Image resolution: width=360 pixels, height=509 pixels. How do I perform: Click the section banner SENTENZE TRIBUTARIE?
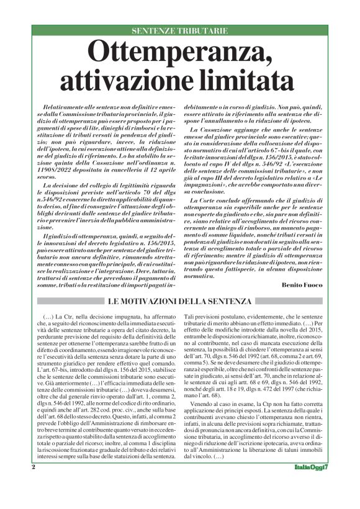180,30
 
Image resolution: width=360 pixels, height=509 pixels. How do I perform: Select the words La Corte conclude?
219,185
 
